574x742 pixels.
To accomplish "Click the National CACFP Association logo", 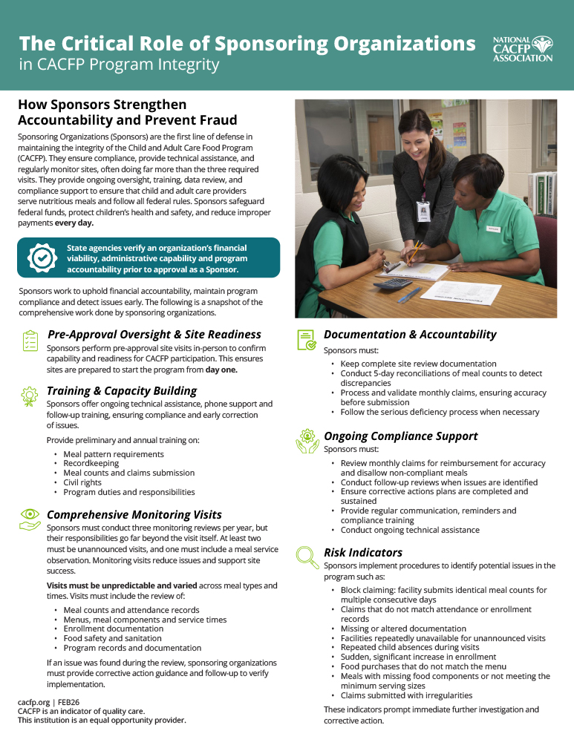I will pos(523,49).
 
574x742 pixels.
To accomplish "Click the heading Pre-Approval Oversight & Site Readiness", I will pos(154,335).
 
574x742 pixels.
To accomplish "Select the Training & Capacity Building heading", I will pos(122,390).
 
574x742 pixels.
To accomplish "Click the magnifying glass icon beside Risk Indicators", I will pos(306,556).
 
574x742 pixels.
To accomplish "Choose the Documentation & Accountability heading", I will pos(410,335).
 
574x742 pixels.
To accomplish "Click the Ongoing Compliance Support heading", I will pos(401,436).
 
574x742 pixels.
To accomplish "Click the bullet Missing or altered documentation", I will pos(403,628).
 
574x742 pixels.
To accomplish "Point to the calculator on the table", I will pos(392,283).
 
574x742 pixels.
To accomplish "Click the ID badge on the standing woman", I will pos(423,210).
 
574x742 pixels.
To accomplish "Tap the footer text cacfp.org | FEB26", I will pos(50,701).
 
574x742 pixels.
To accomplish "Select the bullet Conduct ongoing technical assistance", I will pos(410,530).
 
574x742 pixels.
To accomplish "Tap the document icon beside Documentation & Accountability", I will pos(306,339).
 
